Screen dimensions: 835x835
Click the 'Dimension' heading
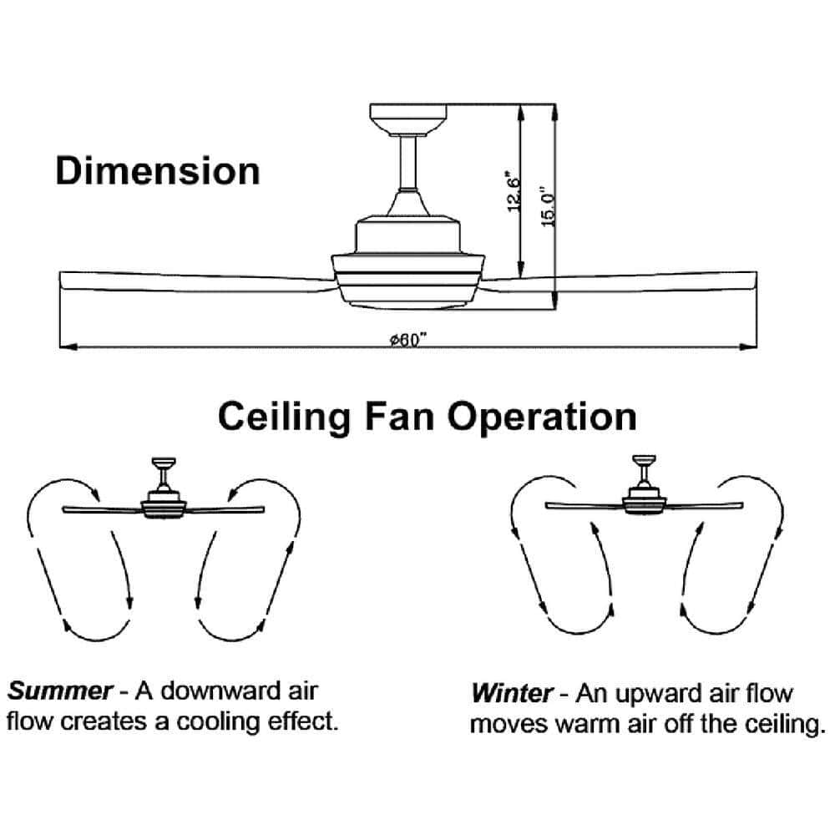158,171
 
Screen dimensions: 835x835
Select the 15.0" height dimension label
549,206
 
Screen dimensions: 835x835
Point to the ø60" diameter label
409,340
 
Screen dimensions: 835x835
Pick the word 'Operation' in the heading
542,418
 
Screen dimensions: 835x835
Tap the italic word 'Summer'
59,691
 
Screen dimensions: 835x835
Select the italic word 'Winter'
513,693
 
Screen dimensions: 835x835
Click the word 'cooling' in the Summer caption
218,722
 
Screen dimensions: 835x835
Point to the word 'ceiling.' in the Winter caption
785,724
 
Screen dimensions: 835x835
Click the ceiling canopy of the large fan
408,119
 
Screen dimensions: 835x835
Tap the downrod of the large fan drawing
409,163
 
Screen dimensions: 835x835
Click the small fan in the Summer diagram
164,493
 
